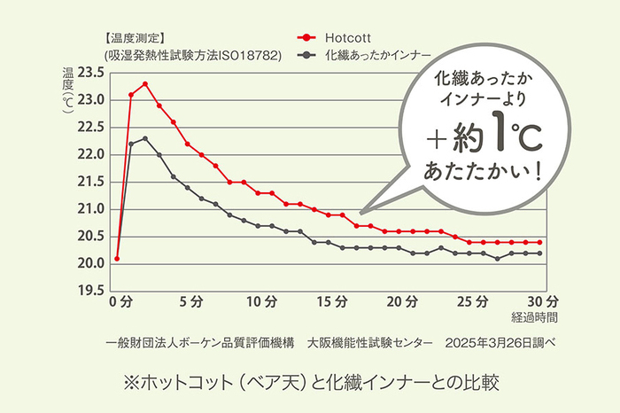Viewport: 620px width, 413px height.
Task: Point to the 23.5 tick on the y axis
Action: [91, 73]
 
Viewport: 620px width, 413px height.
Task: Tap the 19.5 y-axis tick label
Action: [91, 291]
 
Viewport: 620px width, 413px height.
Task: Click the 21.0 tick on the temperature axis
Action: [91, 209]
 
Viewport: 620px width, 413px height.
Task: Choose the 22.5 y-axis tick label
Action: [91, 128]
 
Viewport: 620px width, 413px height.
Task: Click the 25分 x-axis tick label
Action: [475, 301]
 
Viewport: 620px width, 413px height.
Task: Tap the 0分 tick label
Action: [120, 301]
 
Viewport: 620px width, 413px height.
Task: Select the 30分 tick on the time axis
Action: [545, 301]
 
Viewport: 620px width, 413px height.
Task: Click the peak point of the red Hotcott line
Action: [145, 84]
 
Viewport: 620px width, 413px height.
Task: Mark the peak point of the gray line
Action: [145, 138]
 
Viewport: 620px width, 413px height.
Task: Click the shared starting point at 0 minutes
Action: [117, 259]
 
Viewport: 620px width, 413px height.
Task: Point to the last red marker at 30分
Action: [539, 242]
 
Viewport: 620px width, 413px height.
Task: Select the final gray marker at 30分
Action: [539, 253]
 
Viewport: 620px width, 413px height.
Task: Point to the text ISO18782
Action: [245, 55]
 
